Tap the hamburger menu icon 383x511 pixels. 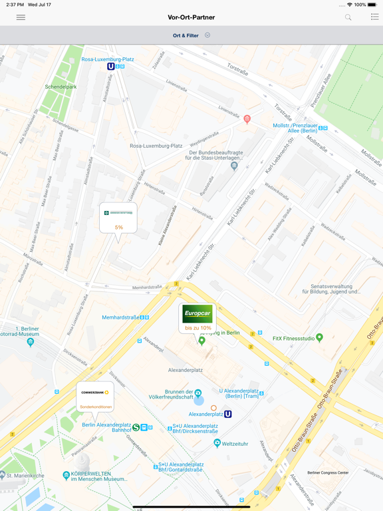[21, 17]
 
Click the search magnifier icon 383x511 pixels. [348, 17]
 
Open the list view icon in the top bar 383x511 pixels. [374, 17]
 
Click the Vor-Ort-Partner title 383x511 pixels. [191, 17]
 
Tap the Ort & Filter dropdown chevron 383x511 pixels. [207, 35]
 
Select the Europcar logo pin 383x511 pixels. [197, 314]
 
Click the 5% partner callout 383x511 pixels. [118, 218]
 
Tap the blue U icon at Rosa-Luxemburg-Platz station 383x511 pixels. [111, 67]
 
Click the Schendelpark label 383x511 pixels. [61, 87]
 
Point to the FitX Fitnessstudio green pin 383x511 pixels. [319, 338]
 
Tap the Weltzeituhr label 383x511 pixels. [234, 443]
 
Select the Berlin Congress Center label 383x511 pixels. [328, 472]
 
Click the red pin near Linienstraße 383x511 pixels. [247, 119]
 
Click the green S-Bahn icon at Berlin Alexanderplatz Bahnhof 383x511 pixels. [136, 427]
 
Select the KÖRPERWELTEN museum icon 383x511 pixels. [66, 475]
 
